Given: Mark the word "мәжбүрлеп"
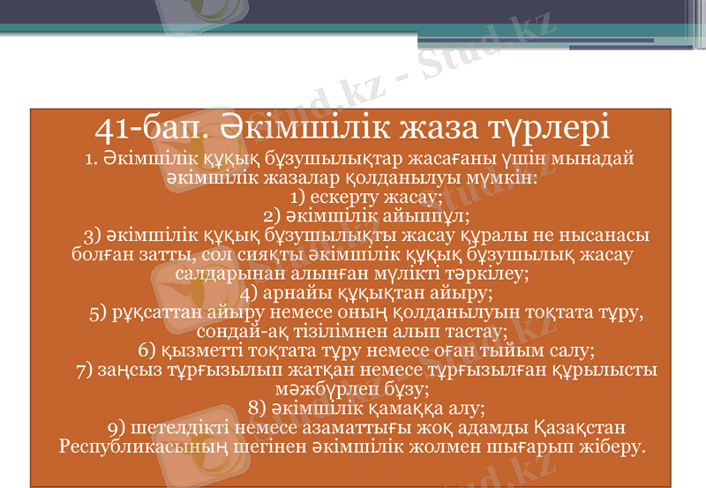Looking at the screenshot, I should click(x=348, y=388).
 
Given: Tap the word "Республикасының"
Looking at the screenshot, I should click(x=154, y=447).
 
